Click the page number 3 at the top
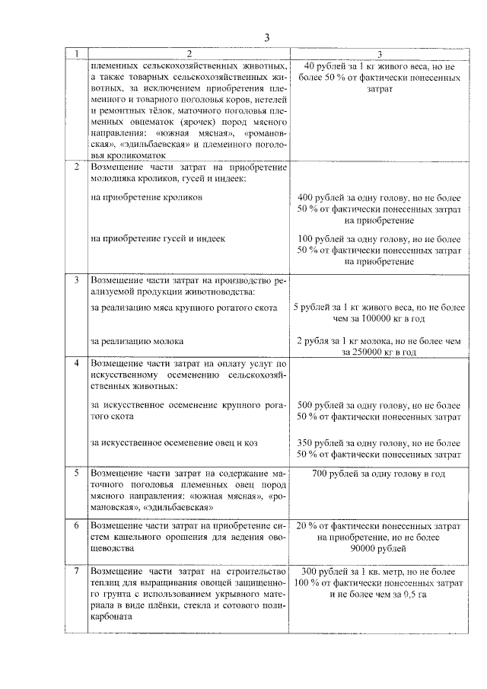tap(266, 38)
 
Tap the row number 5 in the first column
tap(76, 474)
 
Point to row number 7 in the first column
tap(76, 570)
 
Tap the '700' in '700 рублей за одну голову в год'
tap(322, 474)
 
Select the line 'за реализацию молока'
tap(136, 342)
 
